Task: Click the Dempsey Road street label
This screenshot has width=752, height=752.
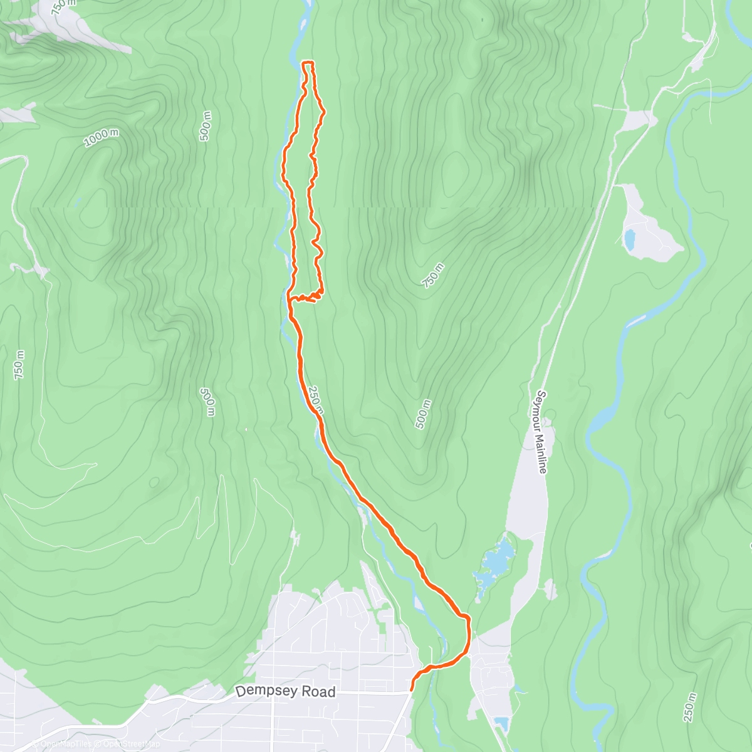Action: tap(285, 692)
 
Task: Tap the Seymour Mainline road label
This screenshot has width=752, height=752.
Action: tap(541, 432)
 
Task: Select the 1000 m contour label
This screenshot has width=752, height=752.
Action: tap(101, 137)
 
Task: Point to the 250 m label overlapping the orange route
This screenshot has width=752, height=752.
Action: tap(316, 400)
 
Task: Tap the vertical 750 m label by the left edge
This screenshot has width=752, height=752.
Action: tap(19, 365)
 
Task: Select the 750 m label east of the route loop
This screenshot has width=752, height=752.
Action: tap(432, 276)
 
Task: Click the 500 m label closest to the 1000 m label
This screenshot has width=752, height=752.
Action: tap(206, 126)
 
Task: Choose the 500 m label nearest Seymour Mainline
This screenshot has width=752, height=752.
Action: tap(424, 414)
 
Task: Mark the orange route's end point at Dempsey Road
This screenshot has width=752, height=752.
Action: tap(411, 691)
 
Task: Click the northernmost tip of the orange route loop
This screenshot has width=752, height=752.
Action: tap(308, 63)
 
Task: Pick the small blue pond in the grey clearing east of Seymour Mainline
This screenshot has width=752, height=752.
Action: tap(630, 239)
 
